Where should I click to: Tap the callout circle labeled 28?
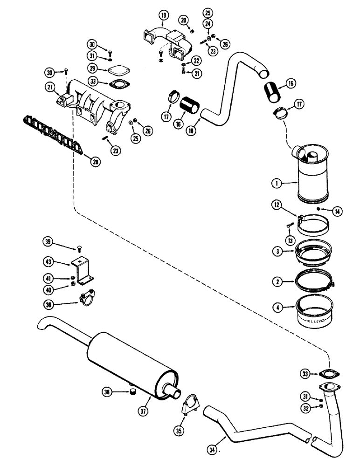tap(95, 162)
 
